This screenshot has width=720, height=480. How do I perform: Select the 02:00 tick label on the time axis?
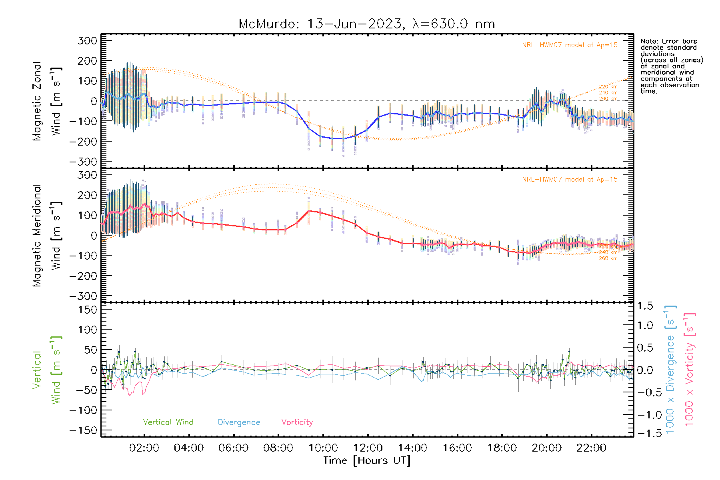click(x=144, y=448)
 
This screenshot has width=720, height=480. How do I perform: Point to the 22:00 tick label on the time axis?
click(x=591, y=448)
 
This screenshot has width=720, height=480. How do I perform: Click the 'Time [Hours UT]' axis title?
click(x=367, y=461)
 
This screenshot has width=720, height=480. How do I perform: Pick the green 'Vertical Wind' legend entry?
click(x=168, y=422)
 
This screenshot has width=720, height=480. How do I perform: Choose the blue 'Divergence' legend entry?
click(x=239, y=422)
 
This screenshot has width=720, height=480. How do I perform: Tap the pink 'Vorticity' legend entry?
click(x=297, y=422)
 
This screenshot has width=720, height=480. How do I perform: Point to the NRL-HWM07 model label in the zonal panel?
click(x=570, y=45)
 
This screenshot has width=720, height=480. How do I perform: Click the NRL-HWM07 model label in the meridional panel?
click(x=570, y=180)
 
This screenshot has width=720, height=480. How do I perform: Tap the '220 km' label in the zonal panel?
click(x=608, y=87)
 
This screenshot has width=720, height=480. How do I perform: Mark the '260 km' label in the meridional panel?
click(x=608, y=258)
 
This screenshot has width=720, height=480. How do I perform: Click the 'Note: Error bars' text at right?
click(x=668, y=42)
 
